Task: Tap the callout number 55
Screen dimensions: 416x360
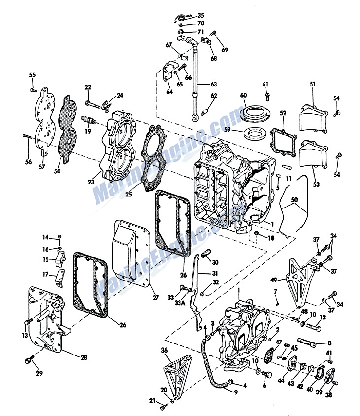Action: (32, 75)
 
